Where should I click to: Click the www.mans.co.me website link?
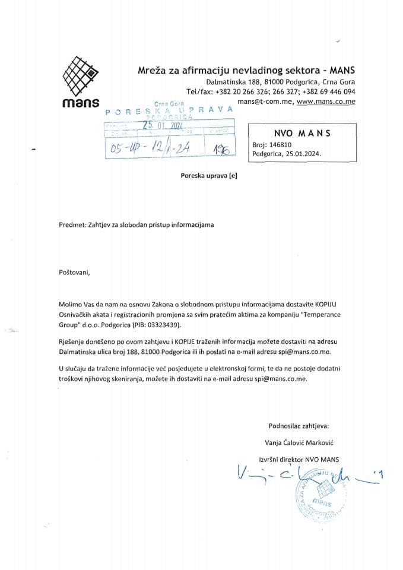[326, 102]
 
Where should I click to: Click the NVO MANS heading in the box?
[302, 133]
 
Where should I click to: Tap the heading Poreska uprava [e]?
[204, 176]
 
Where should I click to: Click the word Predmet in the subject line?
[72, 225]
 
